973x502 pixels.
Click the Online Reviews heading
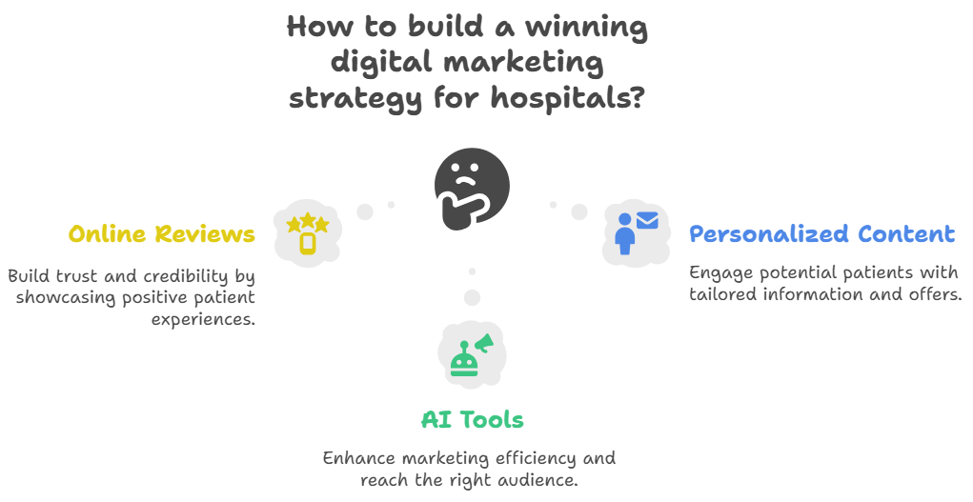pyautogui.click(x=161, y=234)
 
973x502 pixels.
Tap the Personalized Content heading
pyautogui.click(x=821, y=234)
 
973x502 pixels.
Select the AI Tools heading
pyautogui.click(x=472, y=419)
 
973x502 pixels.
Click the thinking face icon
pyautogui.click(x=471, y=189)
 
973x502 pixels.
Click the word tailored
pyautogui.click(x=722, y=294)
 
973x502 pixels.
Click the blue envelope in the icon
pyautogui.click(x=648, y=221)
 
